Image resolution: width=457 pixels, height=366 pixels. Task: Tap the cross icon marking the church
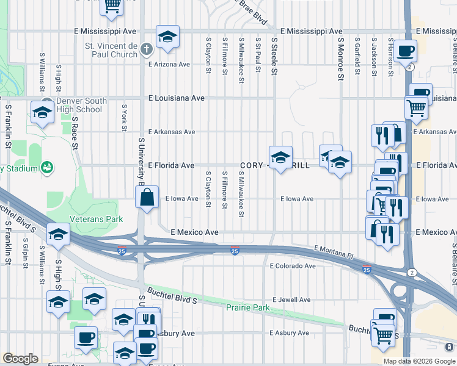coord(147,49)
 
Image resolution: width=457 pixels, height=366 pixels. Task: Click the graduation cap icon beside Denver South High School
coord(42,112)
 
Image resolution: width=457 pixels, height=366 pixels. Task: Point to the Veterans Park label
coord(97,219)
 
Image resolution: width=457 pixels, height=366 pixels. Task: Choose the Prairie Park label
coord(247,308)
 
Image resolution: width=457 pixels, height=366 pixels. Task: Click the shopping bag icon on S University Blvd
coord(147,197)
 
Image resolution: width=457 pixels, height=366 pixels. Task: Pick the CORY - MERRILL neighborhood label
coord(275,165)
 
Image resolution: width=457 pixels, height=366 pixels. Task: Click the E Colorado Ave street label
coord(293,266)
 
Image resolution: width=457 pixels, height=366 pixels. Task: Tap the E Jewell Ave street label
coord(291,300)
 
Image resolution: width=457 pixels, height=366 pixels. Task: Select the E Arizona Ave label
coord(169,64)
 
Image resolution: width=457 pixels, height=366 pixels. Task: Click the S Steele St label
coord(274,56)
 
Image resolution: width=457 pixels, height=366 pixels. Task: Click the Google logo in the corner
coord(20,359)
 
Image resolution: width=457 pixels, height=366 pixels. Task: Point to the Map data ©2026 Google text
coord(419,361)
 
